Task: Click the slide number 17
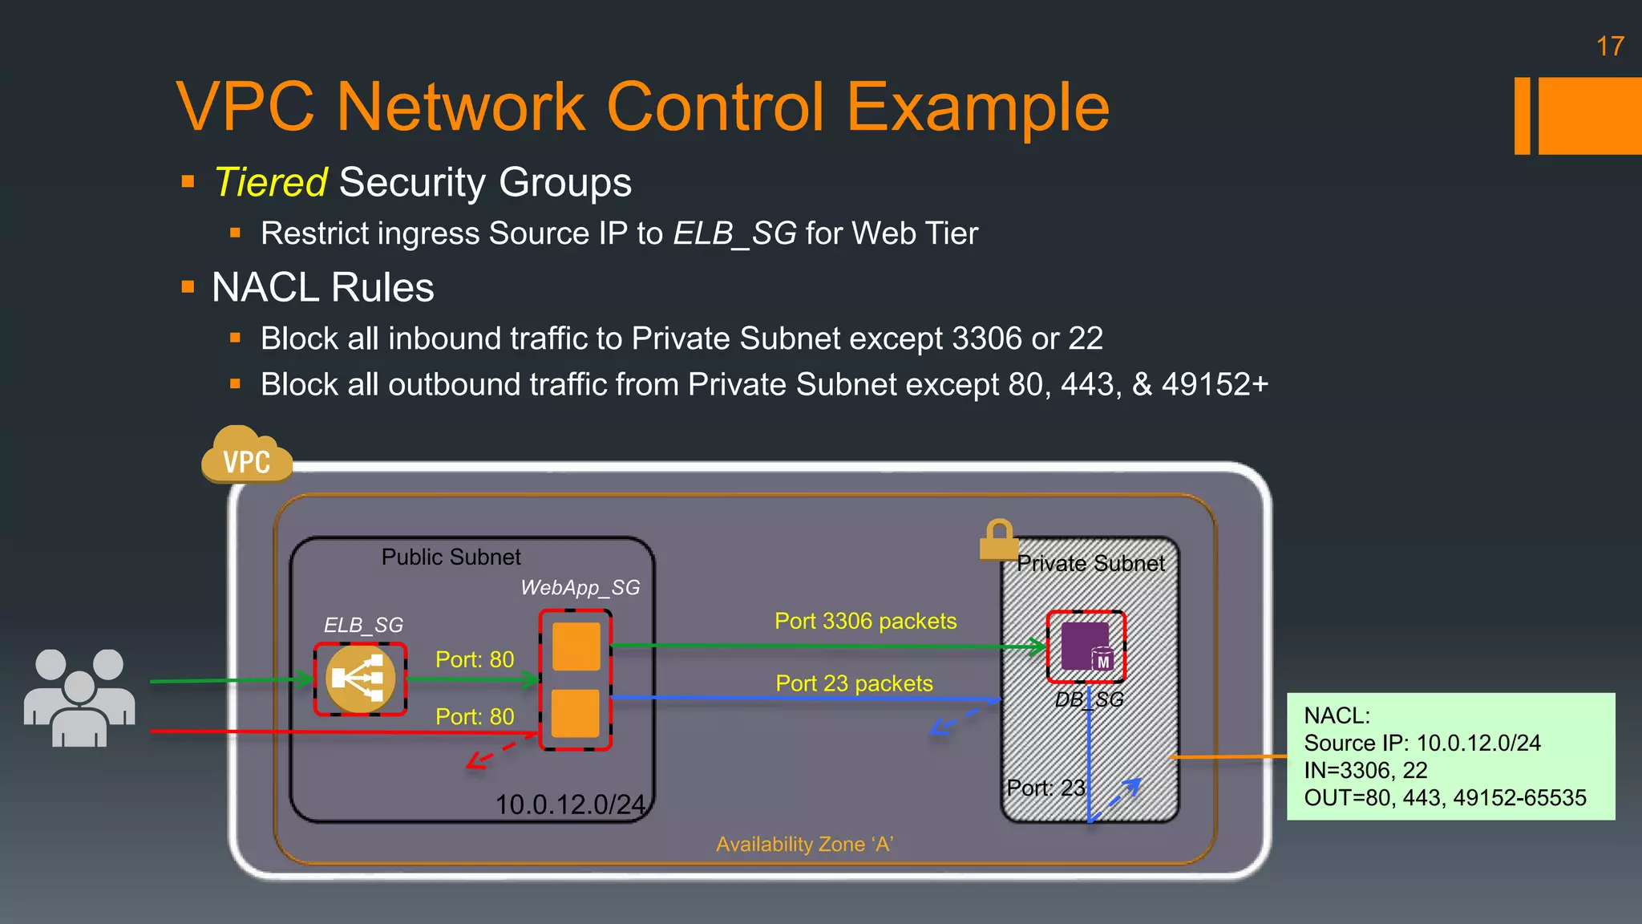[1609, 47]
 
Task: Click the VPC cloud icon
[246, 457]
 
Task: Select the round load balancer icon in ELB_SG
[360, 679]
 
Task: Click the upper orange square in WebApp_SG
[576, 646]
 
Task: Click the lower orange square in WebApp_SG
[576, 712]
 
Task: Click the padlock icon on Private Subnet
[998, 539]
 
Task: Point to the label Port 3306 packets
[865, 621]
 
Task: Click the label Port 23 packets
[854, 683]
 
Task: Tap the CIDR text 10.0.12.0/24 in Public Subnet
[569, 804]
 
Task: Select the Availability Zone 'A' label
[804, 844]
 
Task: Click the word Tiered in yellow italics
[270, 182]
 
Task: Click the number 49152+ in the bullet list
[1215, 384]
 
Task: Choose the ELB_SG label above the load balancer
[363, 625]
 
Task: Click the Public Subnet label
[451, 557]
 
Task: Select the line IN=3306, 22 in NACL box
[1365, 770]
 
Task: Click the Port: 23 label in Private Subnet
[1045, 788]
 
